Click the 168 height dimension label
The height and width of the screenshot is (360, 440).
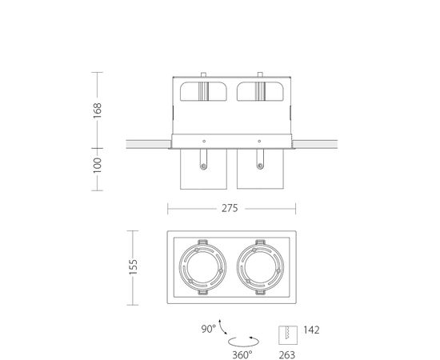(x=98, y=110)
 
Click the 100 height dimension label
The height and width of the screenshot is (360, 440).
(x=98, y=166)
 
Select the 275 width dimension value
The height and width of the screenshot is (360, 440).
(x=230, y=208)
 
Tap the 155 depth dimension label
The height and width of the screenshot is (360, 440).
(x=133, y=267)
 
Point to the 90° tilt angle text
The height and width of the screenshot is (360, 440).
(x=209, y=329)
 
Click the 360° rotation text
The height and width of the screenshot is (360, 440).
(x=242, y=355)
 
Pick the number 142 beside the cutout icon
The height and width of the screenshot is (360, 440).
(x=311, y=330)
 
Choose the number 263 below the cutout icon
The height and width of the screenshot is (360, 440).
(x=286, y=355)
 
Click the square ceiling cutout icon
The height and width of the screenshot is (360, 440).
(x=288, y=335)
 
